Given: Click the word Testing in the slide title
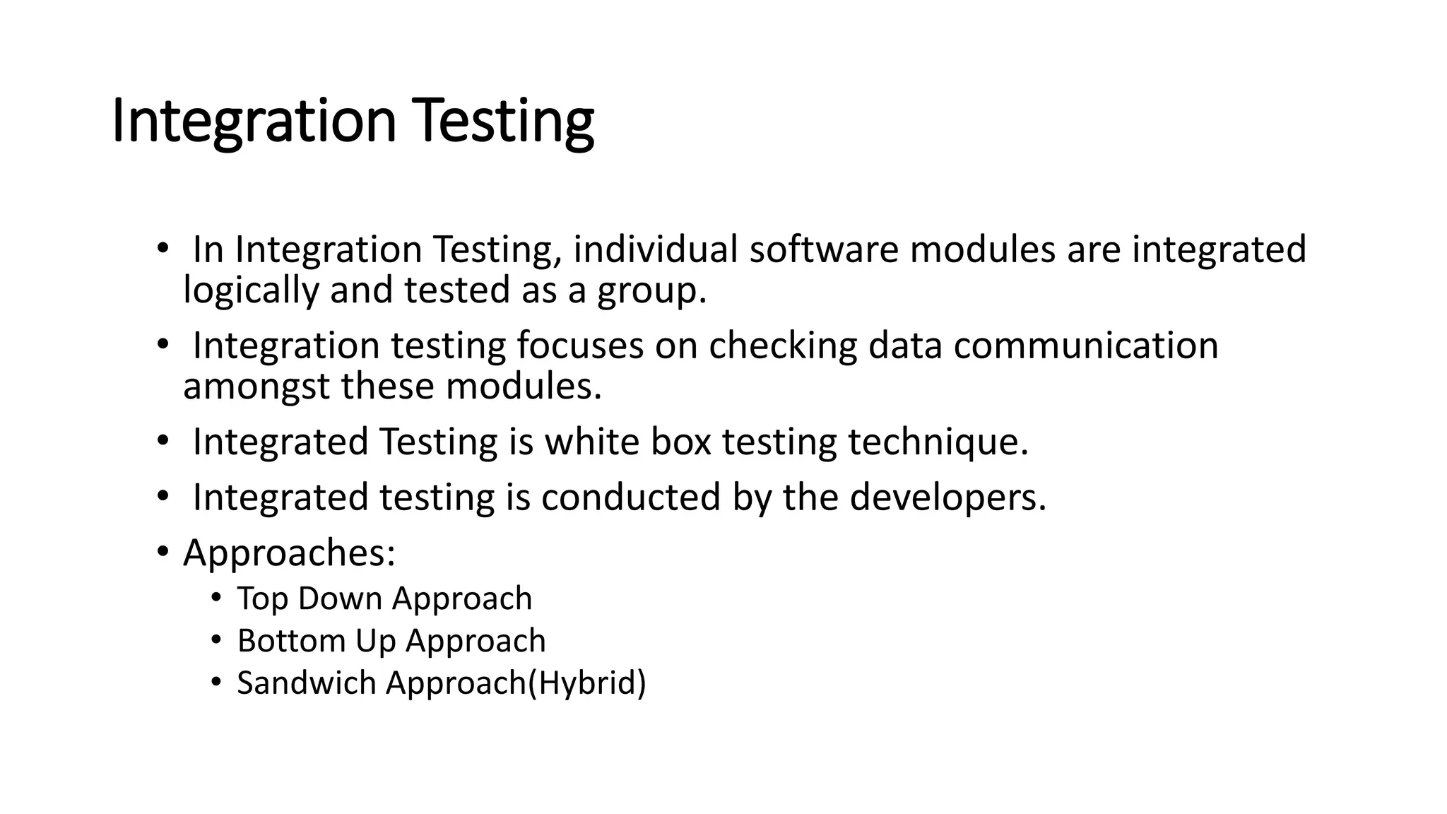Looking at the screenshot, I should [x=504, y=122].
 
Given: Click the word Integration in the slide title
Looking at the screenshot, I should [x=254, y=122].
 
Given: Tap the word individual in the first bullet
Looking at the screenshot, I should [x=655, y=249].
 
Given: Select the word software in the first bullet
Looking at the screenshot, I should [x=823, y=249].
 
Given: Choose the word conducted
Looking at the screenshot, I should [x=631, y=497].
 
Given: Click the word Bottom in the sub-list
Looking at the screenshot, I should [x=290, y=641].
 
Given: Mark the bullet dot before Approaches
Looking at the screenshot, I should [x=163, y=551].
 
